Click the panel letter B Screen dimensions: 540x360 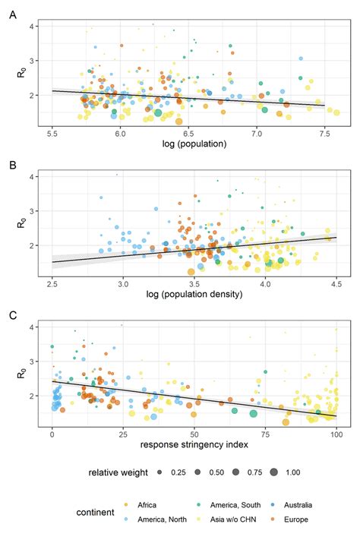11,163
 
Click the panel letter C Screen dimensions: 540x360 11,313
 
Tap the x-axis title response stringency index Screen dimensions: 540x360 194,444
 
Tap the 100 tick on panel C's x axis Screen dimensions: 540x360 336,433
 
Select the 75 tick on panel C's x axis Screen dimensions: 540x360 265,433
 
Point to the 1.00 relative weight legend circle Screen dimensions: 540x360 271,472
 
